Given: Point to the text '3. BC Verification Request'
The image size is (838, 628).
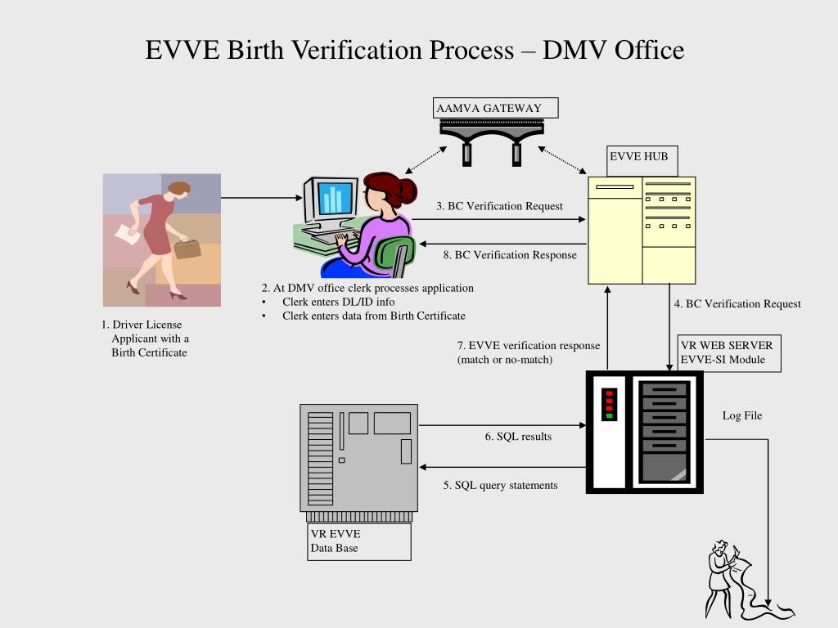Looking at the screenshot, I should point(499,206).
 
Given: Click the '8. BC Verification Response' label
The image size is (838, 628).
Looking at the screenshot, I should point(510,255).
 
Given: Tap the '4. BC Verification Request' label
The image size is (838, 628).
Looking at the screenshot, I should point(737,304).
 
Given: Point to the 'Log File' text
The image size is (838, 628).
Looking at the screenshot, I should point(741,416).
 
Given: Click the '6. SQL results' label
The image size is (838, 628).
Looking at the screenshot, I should point(518,437).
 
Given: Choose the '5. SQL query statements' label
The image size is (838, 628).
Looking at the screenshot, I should point(500,486).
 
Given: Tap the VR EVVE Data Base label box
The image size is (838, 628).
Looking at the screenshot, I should point(358,541).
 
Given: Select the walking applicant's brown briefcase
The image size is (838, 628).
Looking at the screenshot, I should point(187,248).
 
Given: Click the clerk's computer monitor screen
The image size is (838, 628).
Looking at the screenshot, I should point(335,199).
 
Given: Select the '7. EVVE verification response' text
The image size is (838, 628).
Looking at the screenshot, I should point(528,345).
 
